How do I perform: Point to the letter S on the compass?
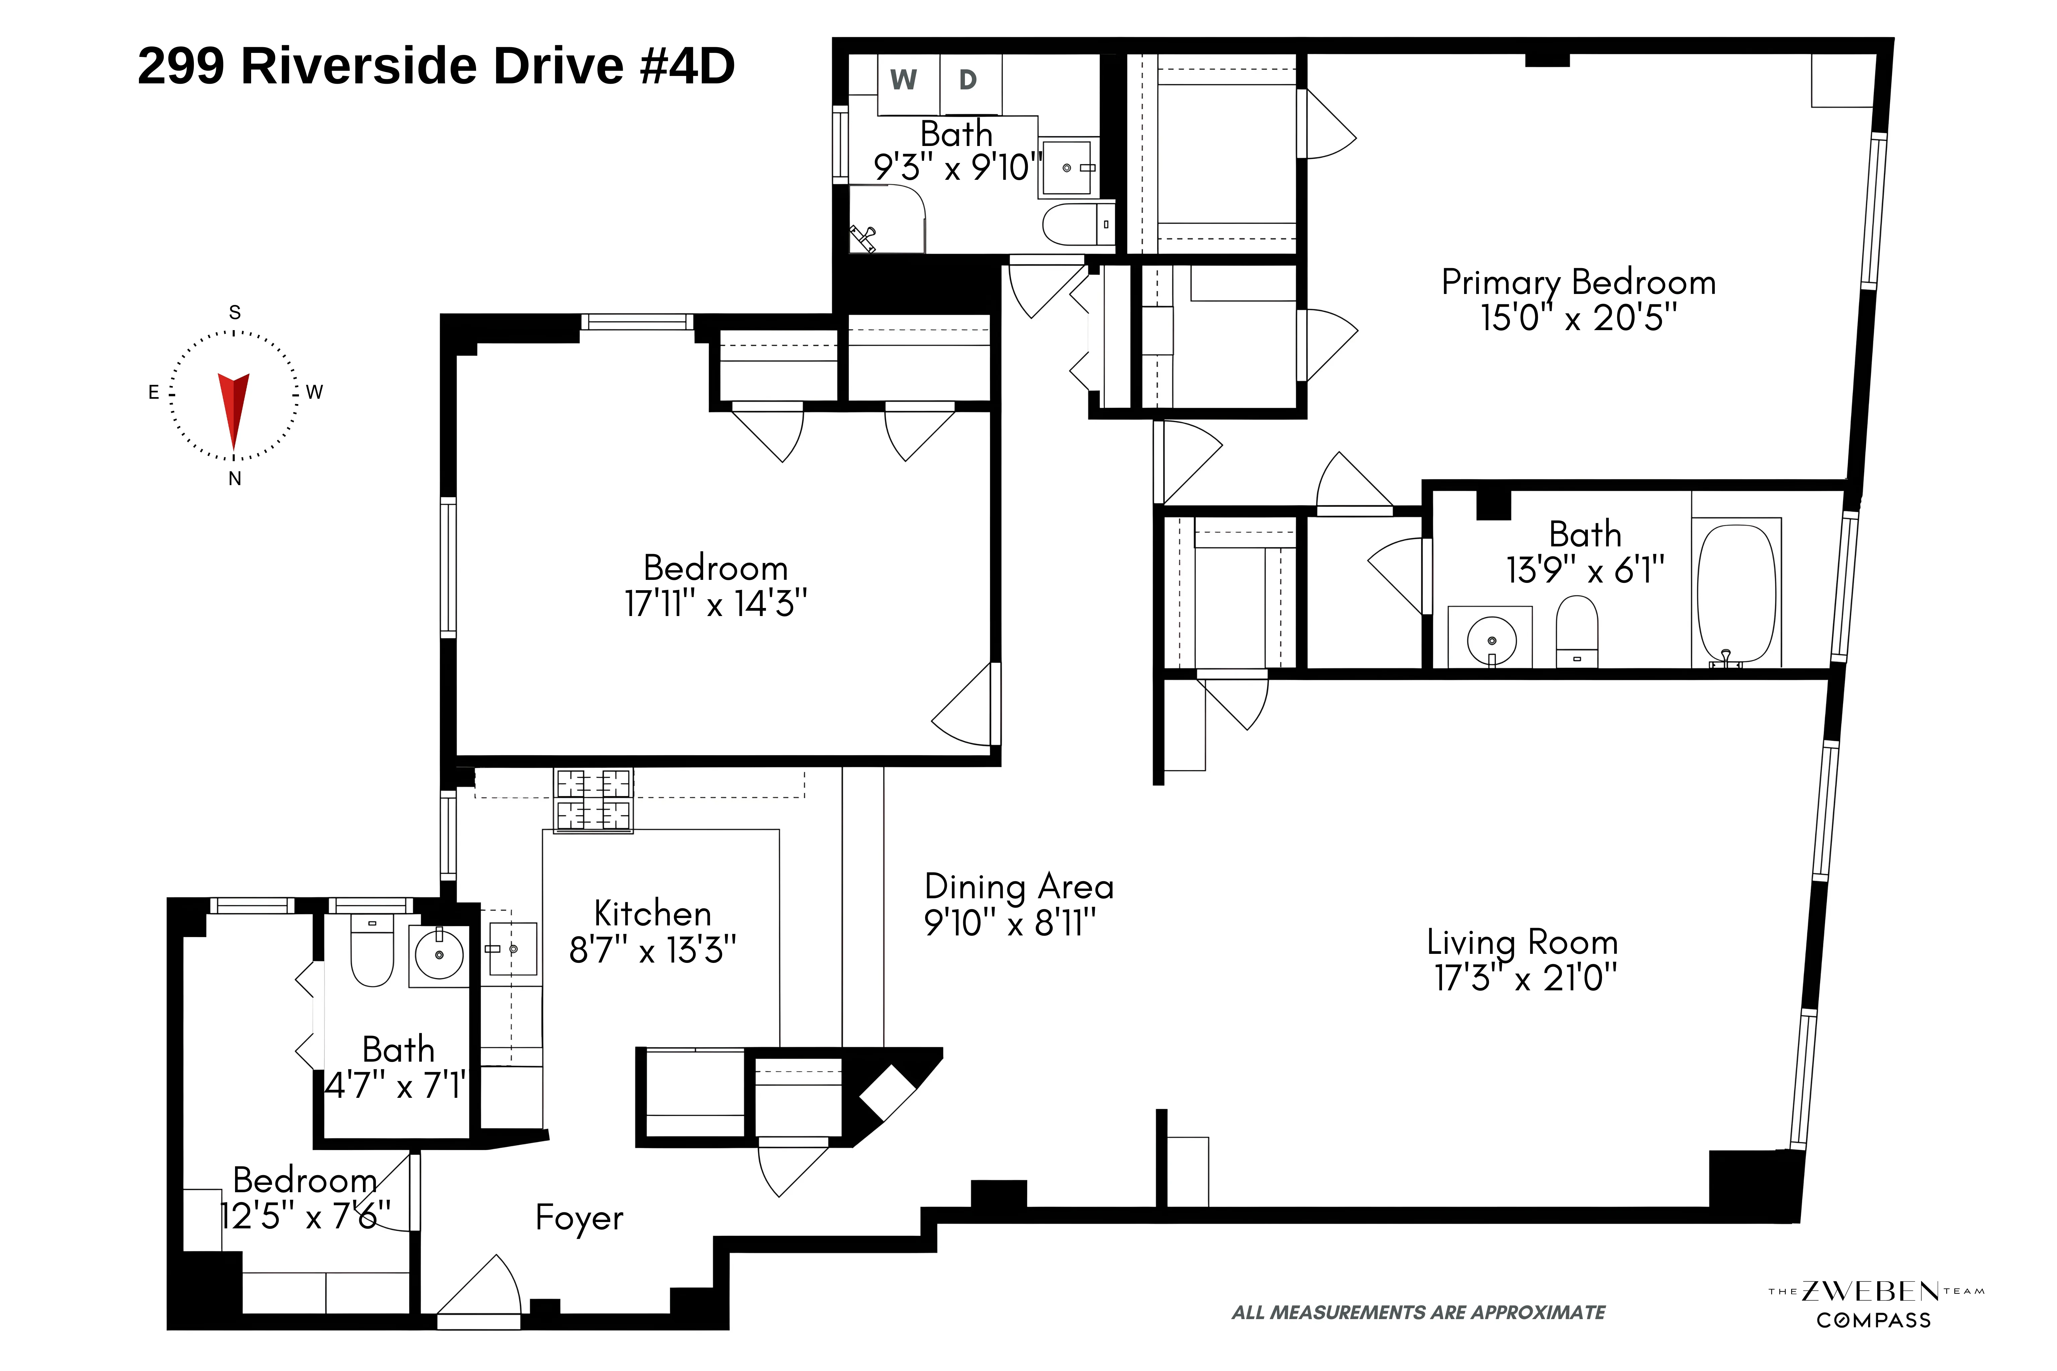pos(234,312)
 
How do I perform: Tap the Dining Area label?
pos(1018,887)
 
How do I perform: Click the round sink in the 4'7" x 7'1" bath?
pos(439,955)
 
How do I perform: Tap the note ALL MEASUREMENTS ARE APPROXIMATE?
pos(1418,1312)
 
